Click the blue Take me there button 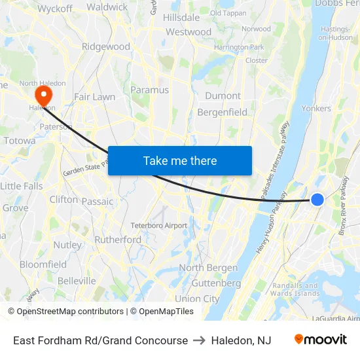(x=180, y=160)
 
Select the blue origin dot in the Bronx (x=317, y=199)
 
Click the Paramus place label (x=150, y=90)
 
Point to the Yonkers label (x=316, y=109)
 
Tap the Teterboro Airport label (x=158, y=225)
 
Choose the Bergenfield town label (x=223, y=113)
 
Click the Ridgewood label (x=106, y=46)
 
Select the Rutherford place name (x=118, y=240)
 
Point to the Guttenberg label (x=217, y=283)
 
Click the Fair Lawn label (x=94, y=97)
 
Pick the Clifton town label (x=63, y=199)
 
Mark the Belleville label (x=77, y=281)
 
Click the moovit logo (x=321, y=340)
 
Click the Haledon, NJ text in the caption (x=241, y=340)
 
